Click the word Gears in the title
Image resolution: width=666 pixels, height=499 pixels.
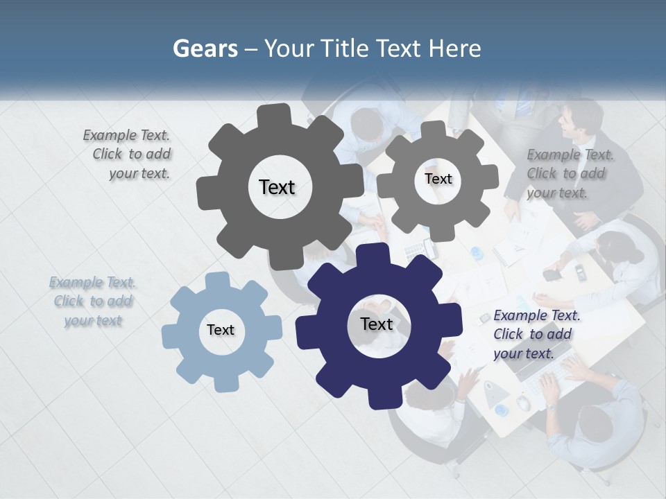(205, 49)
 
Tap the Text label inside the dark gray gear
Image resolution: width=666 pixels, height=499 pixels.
(277, 187)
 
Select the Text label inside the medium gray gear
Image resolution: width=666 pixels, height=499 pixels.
(438, 179)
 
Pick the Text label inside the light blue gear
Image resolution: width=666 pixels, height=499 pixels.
(221, 330)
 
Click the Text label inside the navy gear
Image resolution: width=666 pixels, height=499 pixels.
(377, 324)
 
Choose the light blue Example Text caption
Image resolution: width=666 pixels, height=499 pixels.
(93, 301)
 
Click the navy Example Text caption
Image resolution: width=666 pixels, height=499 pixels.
(536, 334)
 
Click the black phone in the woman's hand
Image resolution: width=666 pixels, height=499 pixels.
(552, 274)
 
